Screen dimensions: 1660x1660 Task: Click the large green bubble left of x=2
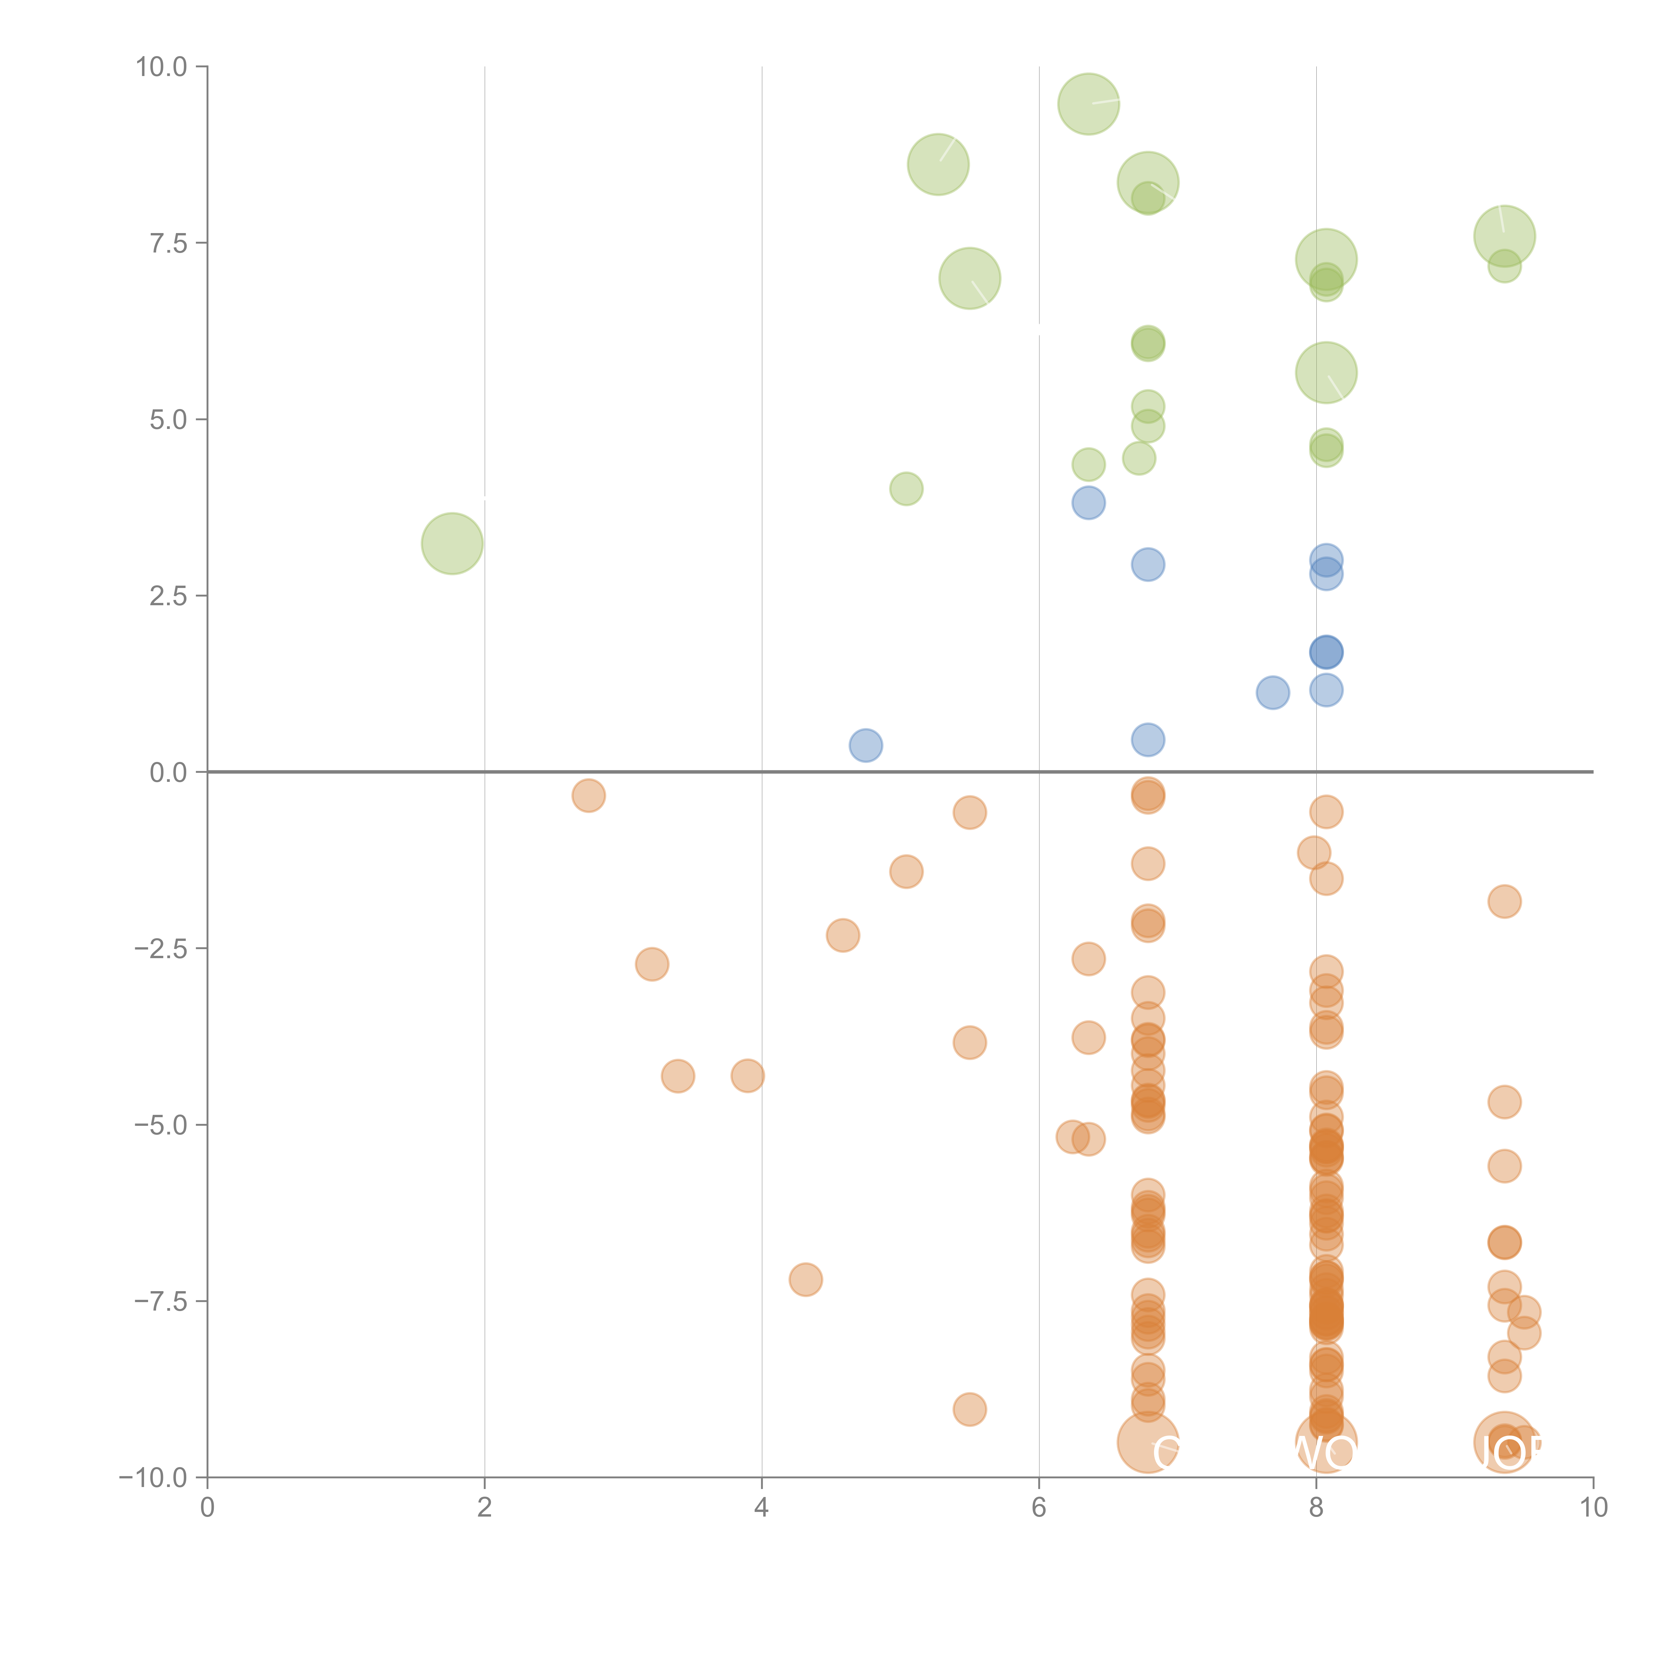pyautogui.click(x=452, y=543)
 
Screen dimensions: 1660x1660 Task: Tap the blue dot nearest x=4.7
pyautogui.click(x=865, y=745)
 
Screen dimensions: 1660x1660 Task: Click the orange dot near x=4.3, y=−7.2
pyautogui.click(x=805, y=1280)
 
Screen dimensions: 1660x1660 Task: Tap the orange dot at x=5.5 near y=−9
pyautogui.click(x=969, y=1409)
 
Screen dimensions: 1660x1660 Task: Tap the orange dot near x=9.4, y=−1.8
pyautogui.click(x=1504, y=901)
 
